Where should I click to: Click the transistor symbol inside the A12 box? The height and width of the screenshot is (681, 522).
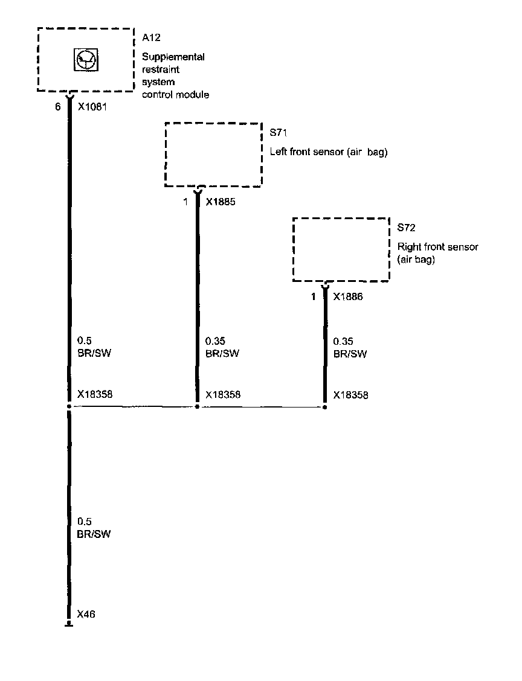pos(85,59)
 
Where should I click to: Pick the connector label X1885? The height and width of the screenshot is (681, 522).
pos(220,202)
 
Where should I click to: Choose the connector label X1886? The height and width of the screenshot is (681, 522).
pos(348,297)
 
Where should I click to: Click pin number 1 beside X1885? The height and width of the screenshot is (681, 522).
pos(186,202)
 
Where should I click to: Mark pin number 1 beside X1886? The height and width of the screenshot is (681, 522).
pos(314,297)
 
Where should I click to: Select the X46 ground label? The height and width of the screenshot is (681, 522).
pos(86,615)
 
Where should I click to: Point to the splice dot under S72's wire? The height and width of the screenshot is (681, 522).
pos(324,407)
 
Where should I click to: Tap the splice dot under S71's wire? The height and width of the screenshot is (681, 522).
pos(197,407)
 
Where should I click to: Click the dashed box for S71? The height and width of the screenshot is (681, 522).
pos(213,154)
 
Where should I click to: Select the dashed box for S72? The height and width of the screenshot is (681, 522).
pos(341,249)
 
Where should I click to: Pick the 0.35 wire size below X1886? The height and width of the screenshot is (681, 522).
pos(343,340)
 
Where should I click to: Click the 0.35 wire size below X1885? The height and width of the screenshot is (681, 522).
pos(215,340)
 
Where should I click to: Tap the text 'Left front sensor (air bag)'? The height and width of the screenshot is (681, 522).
pos(328,153)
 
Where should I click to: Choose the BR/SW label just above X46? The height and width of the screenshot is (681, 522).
pos(94,534)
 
